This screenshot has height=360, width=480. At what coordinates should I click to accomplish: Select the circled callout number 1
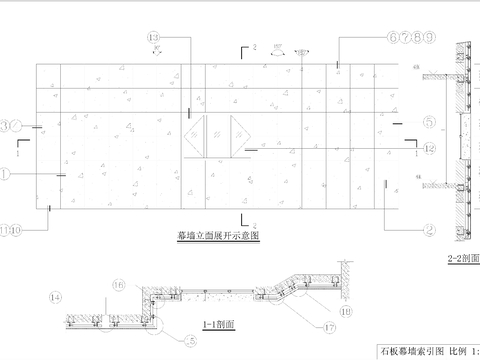(x=7, y=172)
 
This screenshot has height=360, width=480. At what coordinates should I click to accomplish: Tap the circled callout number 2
(x=427, y=228)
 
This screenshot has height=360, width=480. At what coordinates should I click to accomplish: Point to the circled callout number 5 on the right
(x=427, y=124)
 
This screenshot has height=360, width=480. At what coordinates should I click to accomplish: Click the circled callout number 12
(x=427, y=148)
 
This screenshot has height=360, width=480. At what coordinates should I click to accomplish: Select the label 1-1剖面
(x=218, y=326)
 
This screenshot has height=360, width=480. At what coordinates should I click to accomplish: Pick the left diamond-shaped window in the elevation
(x=199, y=136)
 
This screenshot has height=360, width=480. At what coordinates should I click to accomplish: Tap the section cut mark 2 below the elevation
(x=240, y=219)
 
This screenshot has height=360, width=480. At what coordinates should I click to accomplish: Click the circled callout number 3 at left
(x=9, y=126)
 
